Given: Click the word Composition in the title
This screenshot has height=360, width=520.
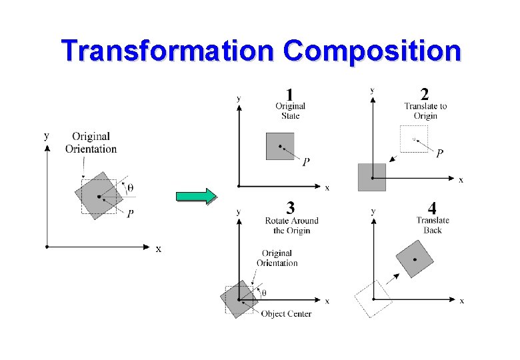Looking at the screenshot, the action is pyautogui.click(x=371, y=51).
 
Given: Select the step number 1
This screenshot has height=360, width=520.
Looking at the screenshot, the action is pyautogui.click(x=289, y=94).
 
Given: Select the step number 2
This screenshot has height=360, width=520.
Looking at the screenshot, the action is pyautogui.click(x=425, y=94).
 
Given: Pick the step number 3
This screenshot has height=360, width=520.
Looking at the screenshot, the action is pyautogui.click(x=291, y=207).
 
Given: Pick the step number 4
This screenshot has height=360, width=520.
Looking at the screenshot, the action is pyautogui.click(x=432, y=207).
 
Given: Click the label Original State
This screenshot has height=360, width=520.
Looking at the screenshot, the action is pyautogui.click(x=290, y=111).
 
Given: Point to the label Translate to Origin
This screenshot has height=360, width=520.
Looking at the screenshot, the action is pyautogui.click(x=425, y=111).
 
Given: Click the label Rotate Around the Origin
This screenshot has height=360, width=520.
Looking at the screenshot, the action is pyautogui.click(x=291, y=225).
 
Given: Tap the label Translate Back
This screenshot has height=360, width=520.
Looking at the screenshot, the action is pyautogui.click(x=433, y=225).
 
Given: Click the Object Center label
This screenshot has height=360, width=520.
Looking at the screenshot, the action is pyautogui.click(x=286, y=313).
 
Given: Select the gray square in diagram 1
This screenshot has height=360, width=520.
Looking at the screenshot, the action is pyautogui.click(x=279, y=146).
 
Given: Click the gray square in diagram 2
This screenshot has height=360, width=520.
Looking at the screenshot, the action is pyautogui.click(x=371, y=177).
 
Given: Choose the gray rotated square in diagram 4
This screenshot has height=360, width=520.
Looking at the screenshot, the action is pyautogui.click(x=415, y=259).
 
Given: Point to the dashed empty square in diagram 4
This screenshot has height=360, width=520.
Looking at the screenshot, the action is pyautogui.click(x=374, y=299).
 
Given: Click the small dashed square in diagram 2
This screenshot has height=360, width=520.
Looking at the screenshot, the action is pyautogui.click(x=413, y=139).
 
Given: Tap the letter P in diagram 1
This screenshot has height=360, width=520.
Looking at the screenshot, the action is pyautogui.click(x=306, y=162).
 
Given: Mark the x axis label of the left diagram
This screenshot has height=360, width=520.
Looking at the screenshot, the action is pyautogui.click(x=158, y=249).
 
